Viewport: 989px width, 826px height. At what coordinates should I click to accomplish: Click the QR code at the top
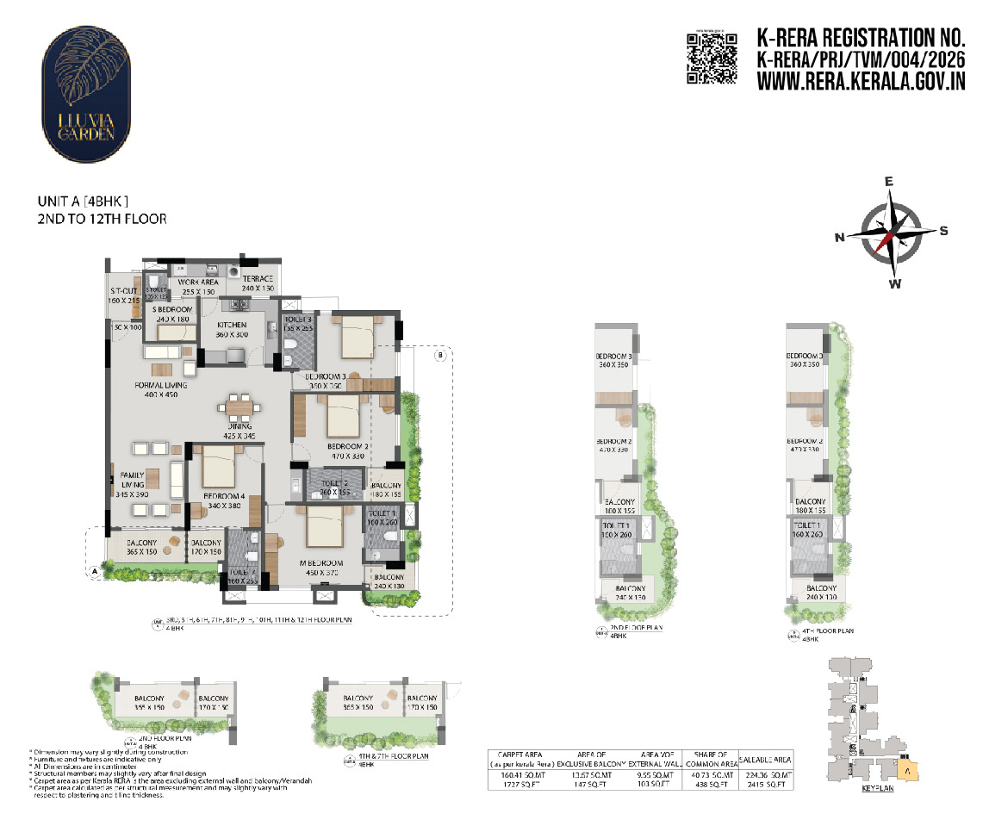pyautogui.click(x=712, y=58)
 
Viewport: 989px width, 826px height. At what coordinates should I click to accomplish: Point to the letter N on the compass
pyautogui.click(x=839, y=238)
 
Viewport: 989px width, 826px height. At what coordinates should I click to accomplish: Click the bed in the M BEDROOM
pyautogui.click(x=325, y=525)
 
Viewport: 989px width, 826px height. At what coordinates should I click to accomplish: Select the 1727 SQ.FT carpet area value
pyautogui.click(x=519, y=785)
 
